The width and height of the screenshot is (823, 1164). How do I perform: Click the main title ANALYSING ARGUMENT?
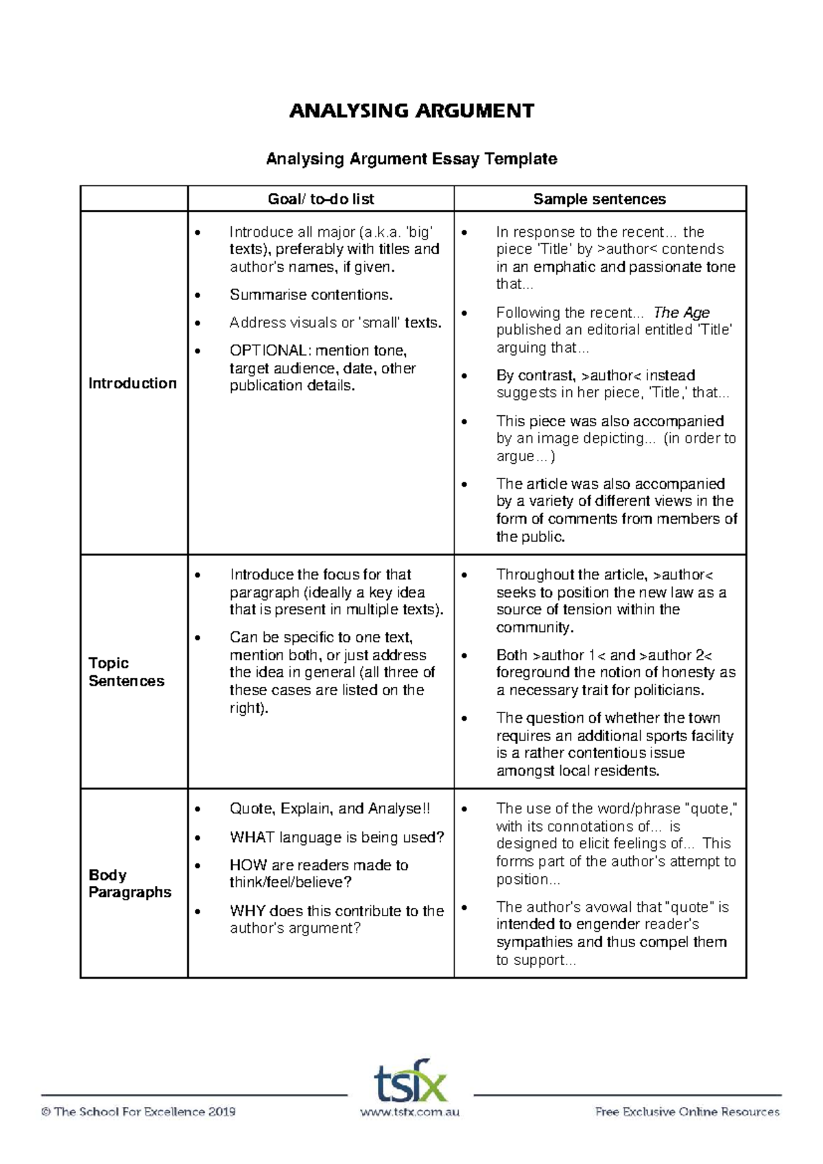point(411,111)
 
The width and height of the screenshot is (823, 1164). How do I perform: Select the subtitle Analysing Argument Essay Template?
point(411,159)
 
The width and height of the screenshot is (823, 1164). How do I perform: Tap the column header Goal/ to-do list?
point(321,199)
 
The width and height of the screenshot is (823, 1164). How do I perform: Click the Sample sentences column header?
point(599,199)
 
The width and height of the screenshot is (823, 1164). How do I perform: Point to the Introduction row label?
point(132,383)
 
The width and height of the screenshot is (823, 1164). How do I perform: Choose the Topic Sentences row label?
point(126,672)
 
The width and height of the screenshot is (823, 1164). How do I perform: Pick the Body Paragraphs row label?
point(130,883)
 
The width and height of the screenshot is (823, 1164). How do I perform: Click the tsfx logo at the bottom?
point(410,1081)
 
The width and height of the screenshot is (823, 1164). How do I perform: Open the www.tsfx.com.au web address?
point(409,1112)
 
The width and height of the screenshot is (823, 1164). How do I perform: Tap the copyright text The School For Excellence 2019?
point(139,1112)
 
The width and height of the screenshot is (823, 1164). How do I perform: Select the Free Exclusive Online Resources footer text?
point(687,1112)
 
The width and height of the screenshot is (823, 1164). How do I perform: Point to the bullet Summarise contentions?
point(311,295)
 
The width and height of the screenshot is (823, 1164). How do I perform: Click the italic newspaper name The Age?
point(681,313)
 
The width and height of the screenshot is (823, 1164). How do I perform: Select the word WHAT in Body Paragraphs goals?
point(252,837)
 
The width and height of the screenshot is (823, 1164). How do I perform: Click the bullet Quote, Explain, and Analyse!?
point(329,809)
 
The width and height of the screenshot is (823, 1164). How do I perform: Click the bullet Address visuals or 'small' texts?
point(335,323)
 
